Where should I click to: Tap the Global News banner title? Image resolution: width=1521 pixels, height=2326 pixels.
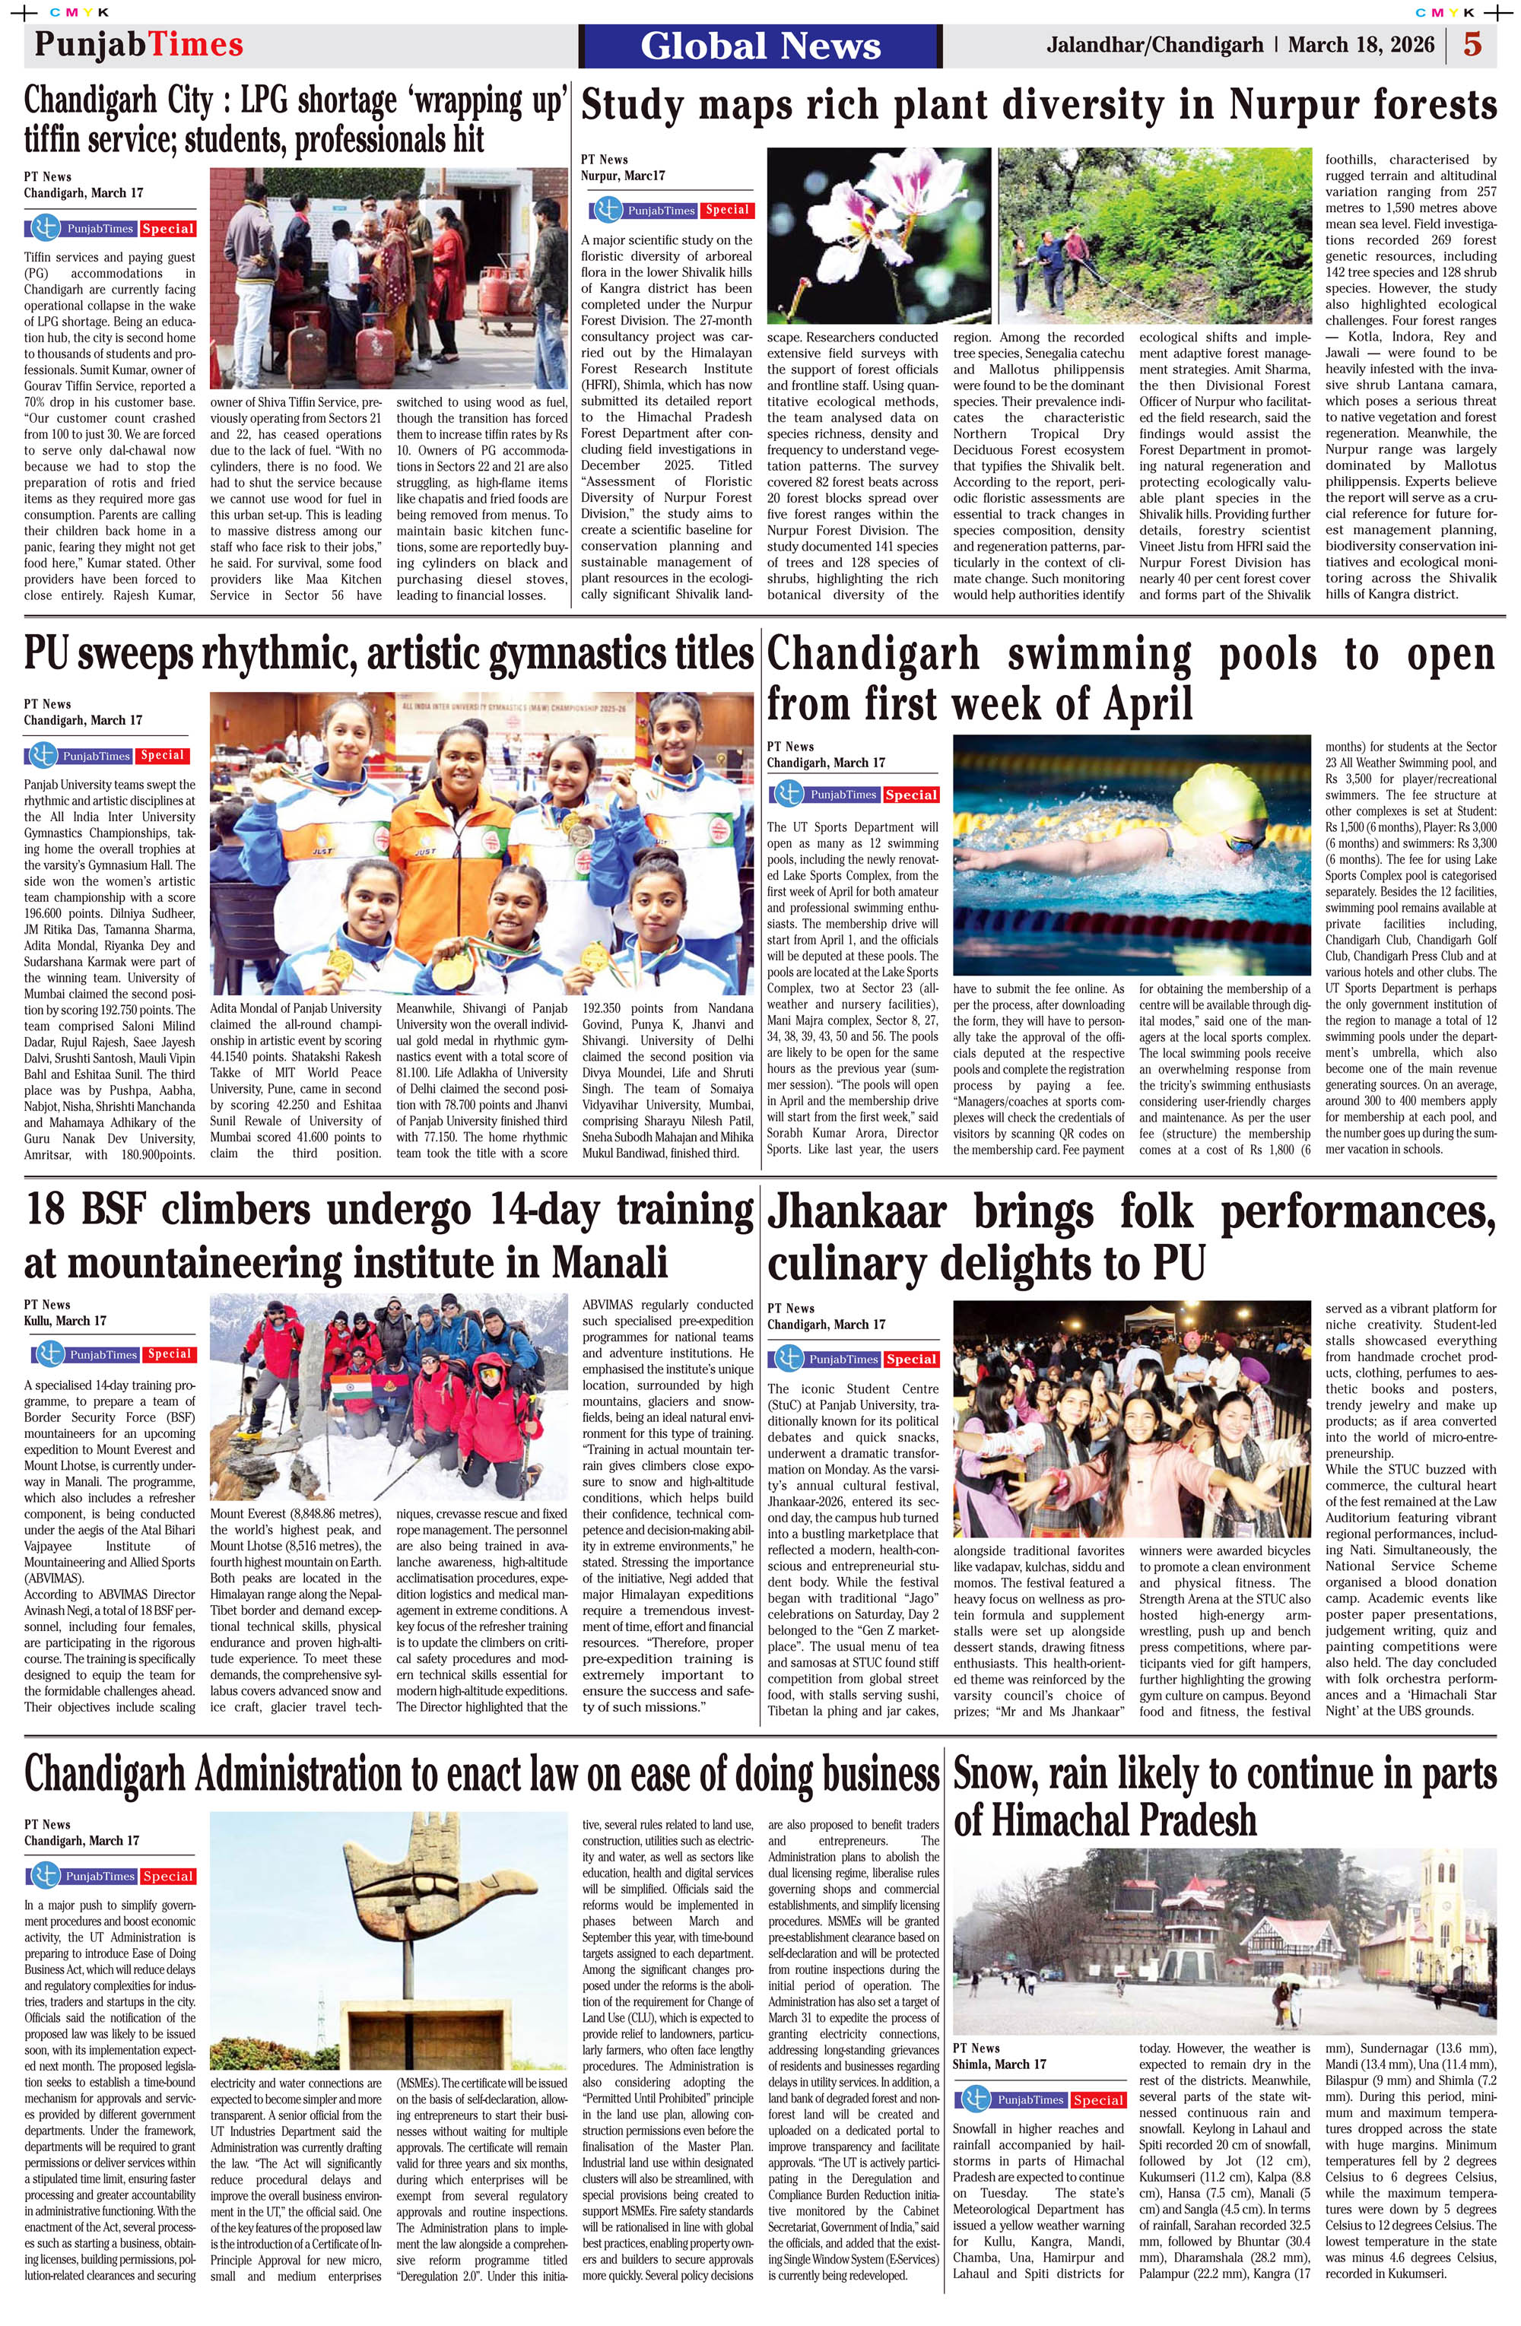pos(760,46)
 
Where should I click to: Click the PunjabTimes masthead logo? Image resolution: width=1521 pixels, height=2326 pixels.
pos(138,44)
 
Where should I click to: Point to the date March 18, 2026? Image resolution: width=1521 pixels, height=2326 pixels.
pos(1361,45)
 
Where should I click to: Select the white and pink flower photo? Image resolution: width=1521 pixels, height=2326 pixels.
pos(877,236)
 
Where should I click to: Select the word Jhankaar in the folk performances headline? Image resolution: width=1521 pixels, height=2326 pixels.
pos(856,1213)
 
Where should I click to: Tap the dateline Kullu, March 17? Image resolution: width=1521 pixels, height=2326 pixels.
pos(65,1320)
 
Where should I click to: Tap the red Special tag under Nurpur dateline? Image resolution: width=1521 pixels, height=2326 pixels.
pos(726,210)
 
